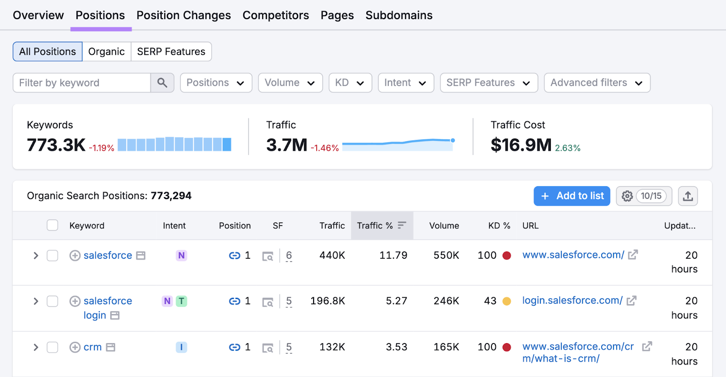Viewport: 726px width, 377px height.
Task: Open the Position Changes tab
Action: [x=183, y=15]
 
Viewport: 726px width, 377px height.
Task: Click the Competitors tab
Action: [x=275, y=15]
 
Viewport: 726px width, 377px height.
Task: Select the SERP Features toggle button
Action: [x=171, y=52]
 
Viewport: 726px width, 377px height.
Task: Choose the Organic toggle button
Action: [x=106, y=52]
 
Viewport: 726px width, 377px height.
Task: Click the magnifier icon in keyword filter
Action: [x=162, y=83]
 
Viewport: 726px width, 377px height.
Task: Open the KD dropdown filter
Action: [x=350, y=83]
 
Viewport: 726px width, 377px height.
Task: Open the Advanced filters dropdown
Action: [x=597, y=83]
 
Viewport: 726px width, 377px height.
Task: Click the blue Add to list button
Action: [x=571, y=196]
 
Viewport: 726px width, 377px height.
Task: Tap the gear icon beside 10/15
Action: [x=627, y=196]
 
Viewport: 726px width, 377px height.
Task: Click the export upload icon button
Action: [x=688, y=196]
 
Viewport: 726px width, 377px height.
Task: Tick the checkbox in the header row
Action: [x=53, y=225]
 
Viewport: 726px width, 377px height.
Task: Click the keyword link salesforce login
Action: [x=107, y=301]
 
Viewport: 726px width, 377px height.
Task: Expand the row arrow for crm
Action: [x=36, y=348]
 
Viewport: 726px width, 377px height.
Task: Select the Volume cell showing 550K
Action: [x=446, y=256]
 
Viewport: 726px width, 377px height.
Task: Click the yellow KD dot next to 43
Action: [x=507, y=301]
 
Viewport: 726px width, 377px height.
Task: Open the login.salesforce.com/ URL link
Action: [x=572, y=300]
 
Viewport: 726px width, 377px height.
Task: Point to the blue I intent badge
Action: [x=181, y=348]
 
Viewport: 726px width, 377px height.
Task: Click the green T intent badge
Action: [x=181, y=301]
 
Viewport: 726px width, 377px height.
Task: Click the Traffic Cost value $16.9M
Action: [x=520, y=145]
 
